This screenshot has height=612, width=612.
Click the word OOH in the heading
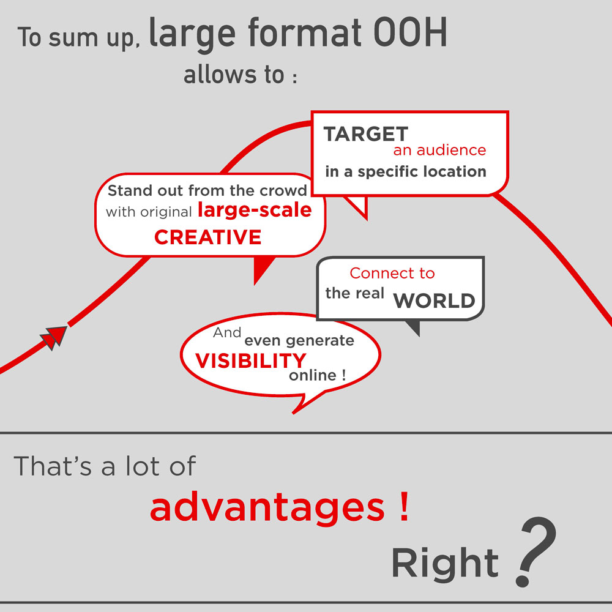[410, 32]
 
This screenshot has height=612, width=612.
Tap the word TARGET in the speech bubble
[366, 134]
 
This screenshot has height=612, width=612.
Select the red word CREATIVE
[207, 237]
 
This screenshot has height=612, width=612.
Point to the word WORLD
[434, 300]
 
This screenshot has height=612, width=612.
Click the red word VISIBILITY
[250, 360]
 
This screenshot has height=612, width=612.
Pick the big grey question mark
[536, 551]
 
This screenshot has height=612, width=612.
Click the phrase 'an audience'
[439, 150]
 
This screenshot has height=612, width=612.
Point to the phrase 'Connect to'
[392, 273]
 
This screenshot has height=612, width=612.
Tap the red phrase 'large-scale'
[255, 209]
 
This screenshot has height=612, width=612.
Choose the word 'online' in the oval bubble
[313, 375]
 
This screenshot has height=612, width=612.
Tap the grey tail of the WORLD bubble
[414, 327]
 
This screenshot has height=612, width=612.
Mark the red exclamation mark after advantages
[405, 506]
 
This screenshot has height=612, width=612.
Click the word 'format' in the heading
[304, 33]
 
